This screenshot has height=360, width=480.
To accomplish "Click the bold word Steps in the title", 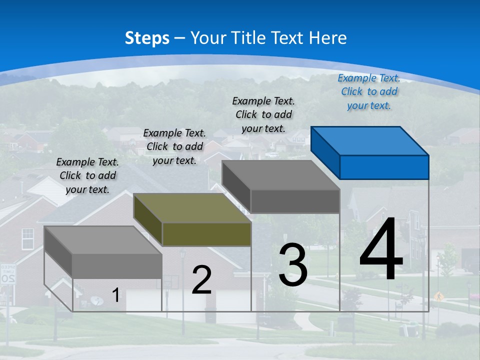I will (147, 38).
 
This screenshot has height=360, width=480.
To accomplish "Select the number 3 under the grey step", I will (293, 265).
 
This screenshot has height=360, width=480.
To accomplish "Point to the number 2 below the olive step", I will (201, 280).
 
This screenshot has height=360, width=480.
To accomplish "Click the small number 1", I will (115, 295).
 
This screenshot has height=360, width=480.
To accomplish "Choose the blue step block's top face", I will (369, 140).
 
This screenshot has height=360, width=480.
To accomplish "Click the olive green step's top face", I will (192, 208).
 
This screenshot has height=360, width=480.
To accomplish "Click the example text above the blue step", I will (369, 91).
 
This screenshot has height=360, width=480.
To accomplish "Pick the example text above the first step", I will (87, 175).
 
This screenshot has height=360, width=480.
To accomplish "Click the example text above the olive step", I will (174, 146).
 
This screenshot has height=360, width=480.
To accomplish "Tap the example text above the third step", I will (263, 114).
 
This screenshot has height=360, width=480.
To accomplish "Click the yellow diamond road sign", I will (439, 297).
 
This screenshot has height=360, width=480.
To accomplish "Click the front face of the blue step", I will (384, 167).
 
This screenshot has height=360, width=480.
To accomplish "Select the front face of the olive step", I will (206, 234).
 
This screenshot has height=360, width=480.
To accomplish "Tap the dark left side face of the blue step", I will (325, 152).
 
